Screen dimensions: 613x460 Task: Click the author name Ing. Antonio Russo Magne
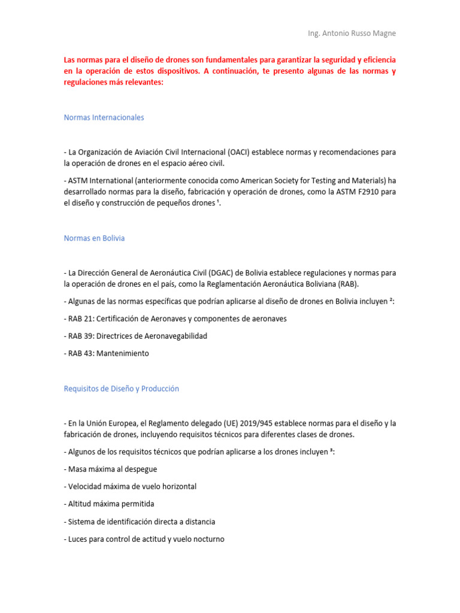point(350,33)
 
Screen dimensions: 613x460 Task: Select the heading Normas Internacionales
point(104,117)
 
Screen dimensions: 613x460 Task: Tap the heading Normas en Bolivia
point(94,238)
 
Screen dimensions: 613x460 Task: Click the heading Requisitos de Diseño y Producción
point(121,389)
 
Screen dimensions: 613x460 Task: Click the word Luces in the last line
point(78,539)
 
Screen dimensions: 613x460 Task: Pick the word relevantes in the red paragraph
point(142,83)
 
